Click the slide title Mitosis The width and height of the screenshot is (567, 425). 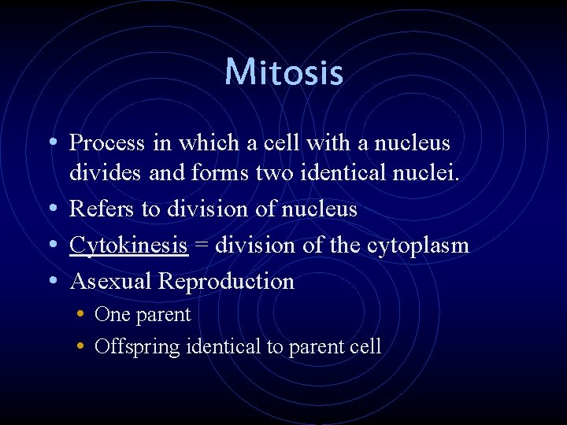[x=283, y=72]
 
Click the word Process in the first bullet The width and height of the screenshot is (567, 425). [x=107, y=143]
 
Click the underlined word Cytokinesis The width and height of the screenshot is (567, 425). [x=128, y=246]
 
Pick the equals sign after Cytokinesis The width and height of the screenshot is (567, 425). [x=201, y=246]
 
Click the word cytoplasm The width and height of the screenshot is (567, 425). [x=418, y=246]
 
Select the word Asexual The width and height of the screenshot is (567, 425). [x=111, y=281]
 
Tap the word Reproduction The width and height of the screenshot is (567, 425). [x=227, y=282]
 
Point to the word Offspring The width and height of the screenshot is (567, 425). [x=137, y=347]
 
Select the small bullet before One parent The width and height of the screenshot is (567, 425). [x=82, y=315]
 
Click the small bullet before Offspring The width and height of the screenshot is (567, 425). [x=82, y=346]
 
